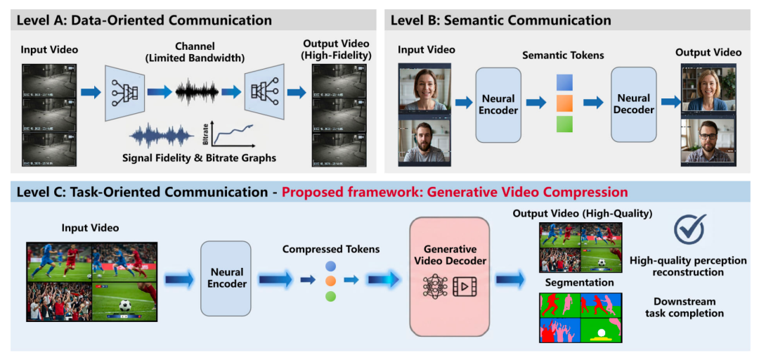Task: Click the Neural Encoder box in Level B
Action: (498, 104)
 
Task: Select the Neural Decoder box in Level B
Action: (634, 104)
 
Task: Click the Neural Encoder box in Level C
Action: (226, 278)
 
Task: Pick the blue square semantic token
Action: (564, 82)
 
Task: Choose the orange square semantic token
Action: (564, 103)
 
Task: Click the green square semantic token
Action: (564, 124)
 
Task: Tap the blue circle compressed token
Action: (330, 266)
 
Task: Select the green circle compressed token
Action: (330, 296)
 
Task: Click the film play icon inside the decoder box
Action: (465, 287)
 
